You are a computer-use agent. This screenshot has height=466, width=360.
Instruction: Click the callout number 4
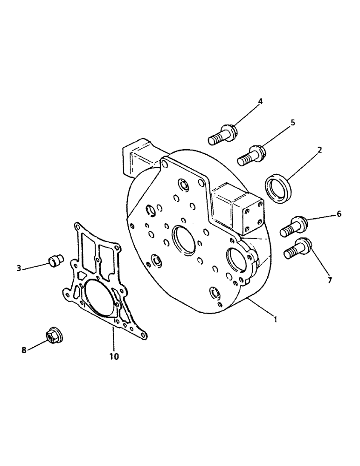(261, 101)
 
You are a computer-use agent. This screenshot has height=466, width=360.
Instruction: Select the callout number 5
(293, 123)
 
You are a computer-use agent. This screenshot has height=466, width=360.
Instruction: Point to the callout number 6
(339, 214)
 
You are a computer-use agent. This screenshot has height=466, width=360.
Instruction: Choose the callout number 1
(276, 320)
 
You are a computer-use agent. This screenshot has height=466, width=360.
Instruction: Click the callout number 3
(19, 268)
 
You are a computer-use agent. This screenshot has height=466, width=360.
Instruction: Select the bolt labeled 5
(252, 155)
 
